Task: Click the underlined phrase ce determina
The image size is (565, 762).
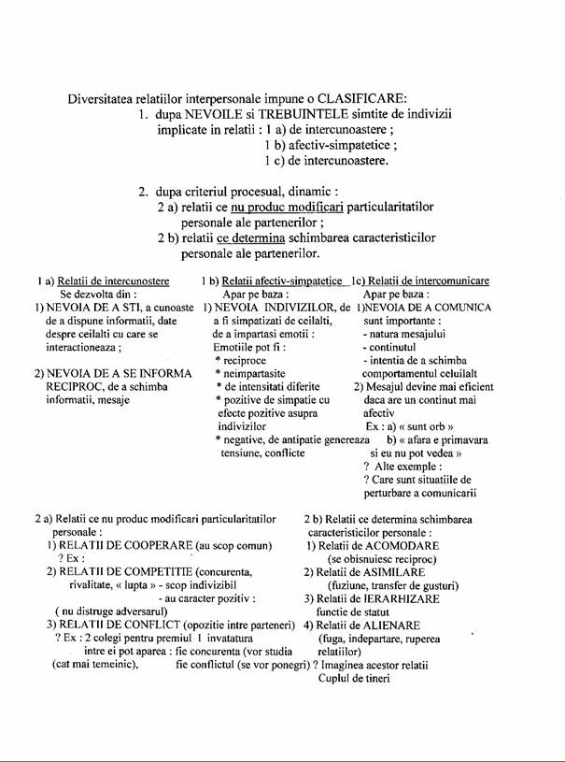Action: click(x=252, y=237)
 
